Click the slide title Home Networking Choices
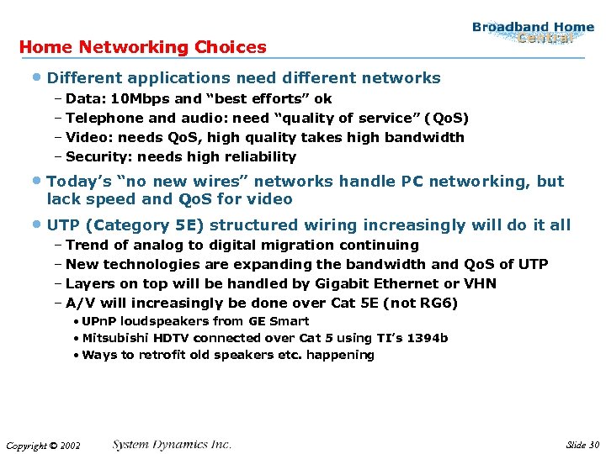tap(142, 47)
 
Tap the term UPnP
tap(98, 321)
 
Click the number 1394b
tap(427, 338)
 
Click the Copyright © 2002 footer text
tap(42, 446)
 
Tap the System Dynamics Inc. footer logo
tap(171, 444)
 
